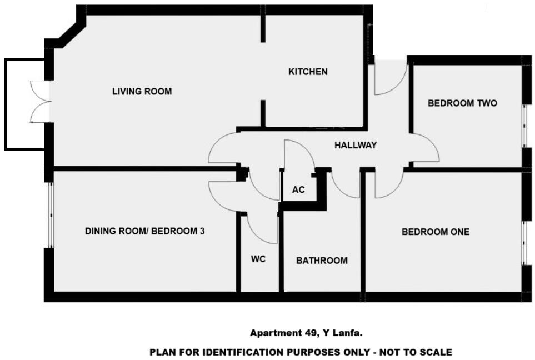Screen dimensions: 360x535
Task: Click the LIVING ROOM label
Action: pos(142,92)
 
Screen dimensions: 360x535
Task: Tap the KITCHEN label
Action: pos(308,72)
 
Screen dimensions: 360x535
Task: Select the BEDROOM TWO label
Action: pos(462,103)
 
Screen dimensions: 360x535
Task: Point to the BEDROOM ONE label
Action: pos(436,232)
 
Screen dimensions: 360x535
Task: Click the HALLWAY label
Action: pos(356,146)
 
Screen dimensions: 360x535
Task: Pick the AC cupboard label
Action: pos(298,190)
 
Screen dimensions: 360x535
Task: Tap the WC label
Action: pos(258,259)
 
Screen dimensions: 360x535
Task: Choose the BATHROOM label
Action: pos(322,261)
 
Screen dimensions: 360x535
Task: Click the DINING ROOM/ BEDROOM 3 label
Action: pos(145,231)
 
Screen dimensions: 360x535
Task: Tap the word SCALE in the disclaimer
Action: pos(436,352)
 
